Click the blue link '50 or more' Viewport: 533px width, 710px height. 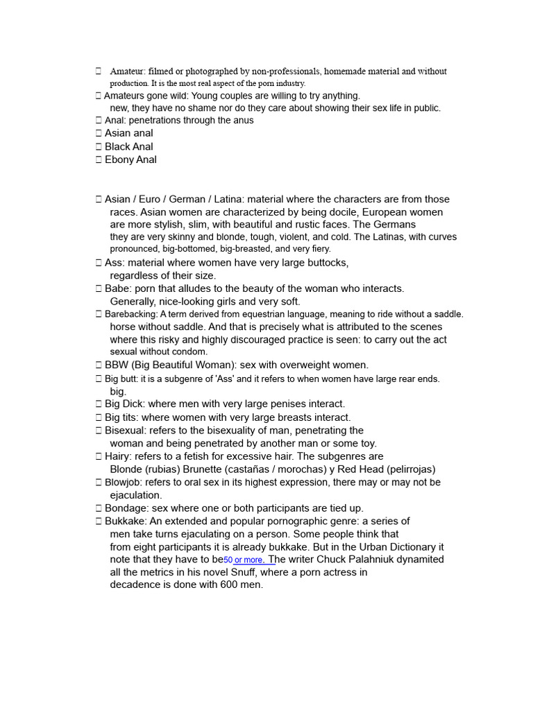click(244, 560)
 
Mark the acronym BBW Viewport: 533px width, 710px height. click(117, 365)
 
